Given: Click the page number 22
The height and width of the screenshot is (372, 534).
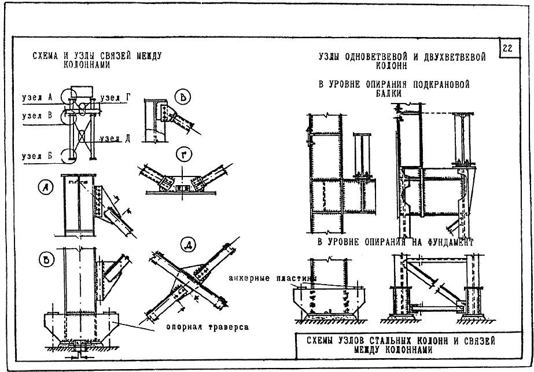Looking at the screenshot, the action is (x=507, y=48).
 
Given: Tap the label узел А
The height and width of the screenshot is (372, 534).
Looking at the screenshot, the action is (x=37, y=97).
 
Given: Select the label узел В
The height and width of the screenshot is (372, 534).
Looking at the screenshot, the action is (x=37, y=116).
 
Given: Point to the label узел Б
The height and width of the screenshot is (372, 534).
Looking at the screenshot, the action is (x=37, y=156).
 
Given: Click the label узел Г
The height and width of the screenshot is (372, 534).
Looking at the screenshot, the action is (x=116, y=98).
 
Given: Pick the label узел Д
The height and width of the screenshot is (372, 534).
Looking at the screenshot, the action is (x=115, y=139).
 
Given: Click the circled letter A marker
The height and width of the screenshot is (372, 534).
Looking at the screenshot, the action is (x=46, y=187).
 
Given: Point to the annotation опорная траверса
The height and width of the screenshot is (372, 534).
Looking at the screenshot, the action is (x=207, y=327).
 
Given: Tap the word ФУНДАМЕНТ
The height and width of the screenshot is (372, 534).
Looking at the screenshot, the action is (x=450, y=242).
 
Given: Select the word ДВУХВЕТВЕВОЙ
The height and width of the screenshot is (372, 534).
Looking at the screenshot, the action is (x=455, y=57).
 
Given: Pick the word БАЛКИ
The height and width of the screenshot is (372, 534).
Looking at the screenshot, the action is (x=389, y=93).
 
